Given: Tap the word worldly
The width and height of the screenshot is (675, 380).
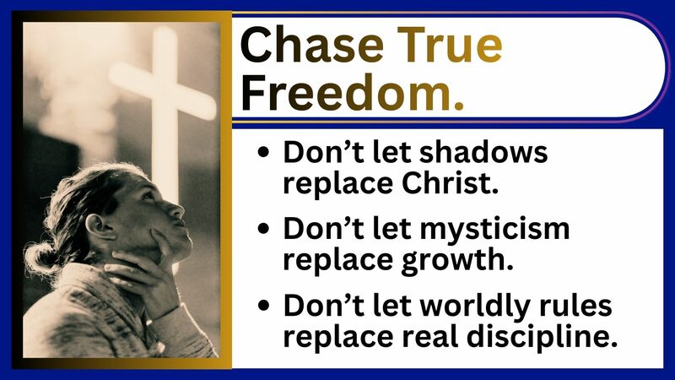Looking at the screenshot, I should (479, 305).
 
